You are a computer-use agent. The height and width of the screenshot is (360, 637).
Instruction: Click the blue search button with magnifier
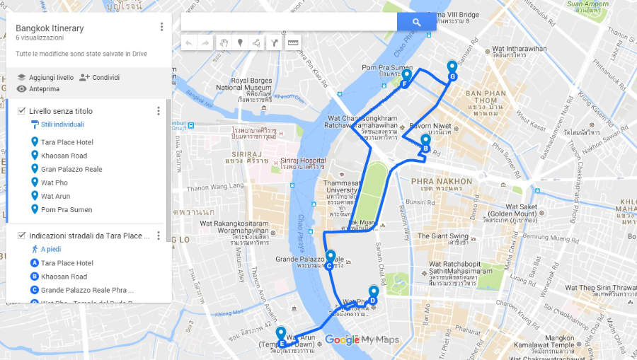pyautogui.click(x=416, y=23)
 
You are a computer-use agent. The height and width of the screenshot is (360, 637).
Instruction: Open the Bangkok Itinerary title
pyautogui.click(x=50, y=28)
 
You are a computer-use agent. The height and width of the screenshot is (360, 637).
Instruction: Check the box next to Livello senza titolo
pyautogui.click(x=21, y=111)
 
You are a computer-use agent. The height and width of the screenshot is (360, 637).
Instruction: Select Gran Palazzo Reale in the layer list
pyautogui.click(x=71, y=169)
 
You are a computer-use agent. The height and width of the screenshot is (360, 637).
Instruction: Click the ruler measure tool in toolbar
pyautogui.click(x=293, y=42)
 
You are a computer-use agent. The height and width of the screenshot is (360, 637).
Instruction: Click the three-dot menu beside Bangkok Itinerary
pyautogui.click(x=161, y=27)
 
